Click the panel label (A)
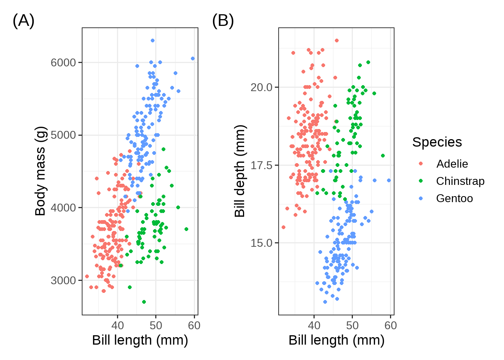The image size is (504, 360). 23,21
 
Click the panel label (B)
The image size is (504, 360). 223,21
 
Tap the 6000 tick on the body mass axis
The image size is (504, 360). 63,63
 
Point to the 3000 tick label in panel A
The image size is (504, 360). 63,280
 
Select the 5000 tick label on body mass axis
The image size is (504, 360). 63,135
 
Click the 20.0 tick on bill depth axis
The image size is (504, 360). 262,87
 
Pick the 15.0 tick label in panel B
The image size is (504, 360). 262,243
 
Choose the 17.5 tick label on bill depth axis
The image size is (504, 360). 262,165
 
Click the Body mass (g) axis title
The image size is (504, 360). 40,171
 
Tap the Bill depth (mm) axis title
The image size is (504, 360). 240,171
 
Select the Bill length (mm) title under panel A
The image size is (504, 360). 140,340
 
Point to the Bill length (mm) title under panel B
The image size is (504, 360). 336,340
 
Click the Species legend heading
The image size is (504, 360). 437,142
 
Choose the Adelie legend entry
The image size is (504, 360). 452,164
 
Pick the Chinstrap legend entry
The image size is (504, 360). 460,181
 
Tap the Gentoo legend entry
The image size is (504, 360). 454,198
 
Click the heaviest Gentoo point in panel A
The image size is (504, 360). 153,40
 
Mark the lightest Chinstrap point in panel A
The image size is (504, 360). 144,302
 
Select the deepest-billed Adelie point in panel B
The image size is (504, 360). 337,40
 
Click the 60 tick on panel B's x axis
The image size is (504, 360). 390,325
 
